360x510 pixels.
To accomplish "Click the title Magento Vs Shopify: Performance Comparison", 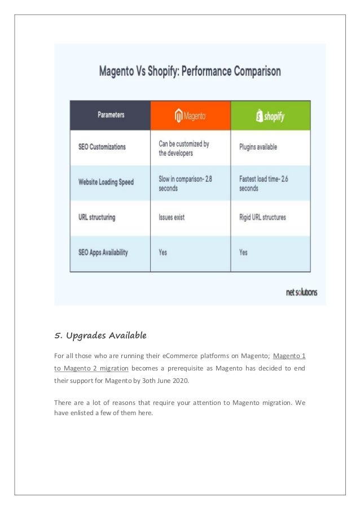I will point(190,72).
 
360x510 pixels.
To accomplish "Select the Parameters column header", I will point(111,115).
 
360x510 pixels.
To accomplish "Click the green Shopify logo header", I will point(270,116).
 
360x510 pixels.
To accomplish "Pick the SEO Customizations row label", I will point(102,147).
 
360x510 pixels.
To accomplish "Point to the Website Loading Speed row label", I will point(106,182).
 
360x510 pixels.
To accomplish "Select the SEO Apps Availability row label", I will point(103,252).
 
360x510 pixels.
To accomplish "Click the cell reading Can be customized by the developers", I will point(184,148).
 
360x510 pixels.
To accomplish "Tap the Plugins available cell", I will point(258,147).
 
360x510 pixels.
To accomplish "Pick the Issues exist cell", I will point(172,217).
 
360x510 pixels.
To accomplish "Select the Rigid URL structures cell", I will point(262,217).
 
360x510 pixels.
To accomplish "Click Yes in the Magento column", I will point(163,252).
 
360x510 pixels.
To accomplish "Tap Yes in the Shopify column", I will point(243,252).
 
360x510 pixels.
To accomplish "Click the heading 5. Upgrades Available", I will point(100,336).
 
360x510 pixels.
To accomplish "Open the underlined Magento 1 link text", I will point(289,356).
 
